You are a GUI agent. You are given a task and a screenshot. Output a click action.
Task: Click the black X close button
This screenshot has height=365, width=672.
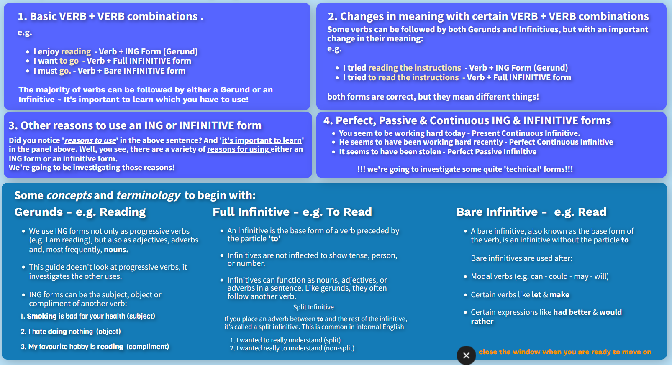pyautogui.click(x=466, y=355)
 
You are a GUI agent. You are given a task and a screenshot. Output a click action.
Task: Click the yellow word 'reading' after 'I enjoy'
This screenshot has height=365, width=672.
pyautogui.click(x=76, y=51)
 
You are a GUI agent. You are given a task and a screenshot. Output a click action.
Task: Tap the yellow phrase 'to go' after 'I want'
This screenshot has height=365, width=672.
pyautogui.click(x=69, y=61)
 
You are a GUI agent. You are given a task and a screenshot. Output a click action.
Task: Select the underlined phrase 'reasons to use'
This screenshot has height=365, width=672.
pyautogui.click(x=90, y=140)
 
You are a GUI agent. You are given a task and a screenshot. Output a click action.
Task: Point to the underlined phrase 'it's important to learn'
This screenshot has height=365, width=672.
pyautogui.click(x=262, y=140)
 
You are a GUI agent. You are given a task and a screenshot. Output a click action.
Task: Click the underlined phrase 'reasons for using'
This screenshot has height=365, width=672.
pyautogui.click(x=239, y=149)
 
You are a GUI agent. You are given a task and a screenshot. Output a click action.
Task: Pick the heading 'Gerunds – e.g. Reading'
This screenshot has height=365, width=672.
pyautogui.click(x=80, y=212)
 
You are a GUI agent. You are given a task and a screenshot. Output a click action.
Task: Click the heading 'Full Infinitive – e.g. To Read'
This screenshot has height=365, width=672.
pyautogui.click(x=292, y=212)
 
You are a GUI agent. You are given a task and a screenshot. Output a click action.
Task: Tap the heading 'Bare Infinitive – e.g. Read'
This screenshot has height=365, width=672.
pyautogui.click(x=531, y=212)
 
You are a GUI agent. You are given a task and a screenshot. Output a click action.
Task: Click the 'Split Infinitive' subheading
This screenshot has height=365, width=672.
pyautogui.click(x=313, y=307)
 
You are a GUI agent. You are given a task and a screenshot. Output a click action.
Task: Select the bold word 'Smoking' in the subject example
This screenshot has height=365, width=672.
pyautogui.click(x=42, y=316)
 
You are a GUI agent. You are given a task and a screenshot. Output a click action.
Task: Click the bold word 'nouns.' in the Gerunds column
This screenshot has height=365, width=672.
pyautogui.click(x=116, y=250)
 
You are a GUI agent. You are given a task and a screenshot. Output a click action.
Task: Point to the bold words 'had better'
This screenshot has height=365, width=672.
pyautogui.click(x=572, y=312)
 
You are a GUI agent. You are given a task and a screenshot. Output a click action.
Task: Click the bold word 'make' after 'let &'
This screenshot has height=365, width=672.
pyautogui.click(x=559, y=295)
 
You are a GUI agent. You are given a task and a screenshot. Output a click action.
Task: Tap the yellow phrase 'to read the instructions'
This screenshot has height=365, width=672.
pyautogui.click(x=413, y=78)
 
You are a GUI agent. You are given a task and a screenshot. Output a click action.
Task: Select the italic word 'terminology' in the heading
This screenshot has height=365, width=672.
pyautogui.click(x=148, y=196)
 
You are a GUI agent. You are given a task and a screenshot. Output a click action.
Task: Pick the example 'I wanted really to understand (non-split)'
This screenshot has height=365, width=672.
pyautogui.click(x=295, y=348)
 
